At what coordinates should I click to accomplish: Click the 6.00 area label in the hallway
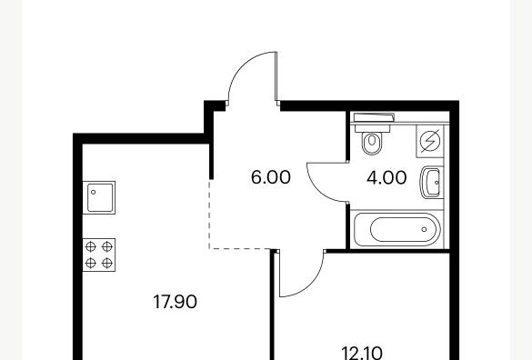click(x=271, y=177)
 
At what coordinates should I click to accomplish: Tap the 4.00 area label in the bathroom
click(x=386, y=178)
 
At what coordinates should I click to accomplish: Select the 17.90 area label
click(x=176, y=302)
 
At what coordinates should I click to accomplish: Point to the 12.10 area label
click(x=362, y=354)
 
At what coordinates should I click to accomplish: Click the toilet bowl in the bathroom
click(x=372, y=143)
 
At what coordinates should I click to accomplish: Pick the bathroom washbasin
click(x=432, y=183)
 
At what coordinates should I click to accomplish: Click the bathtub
click(x=396, y=229)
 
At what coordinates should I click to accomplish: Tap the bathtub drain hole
click(x=424, y=229)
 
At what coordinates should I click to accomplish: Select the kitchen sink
click(x=99, y=197)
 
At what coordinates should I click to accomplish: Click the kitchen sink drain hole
click(x=94, y=192)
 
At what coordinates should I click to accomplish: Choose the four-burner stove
click(x=99, y=255)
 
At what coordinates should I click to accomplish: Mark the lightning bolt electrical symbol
click(x=430, y=141)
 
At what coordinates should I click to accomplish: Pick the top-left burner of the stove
click(x=91, y=246)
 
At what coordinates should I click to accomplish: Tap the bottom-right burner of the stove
click(x=107, y=263)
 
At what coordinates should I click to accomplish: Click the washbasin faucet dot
click(x=437, y=183)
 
